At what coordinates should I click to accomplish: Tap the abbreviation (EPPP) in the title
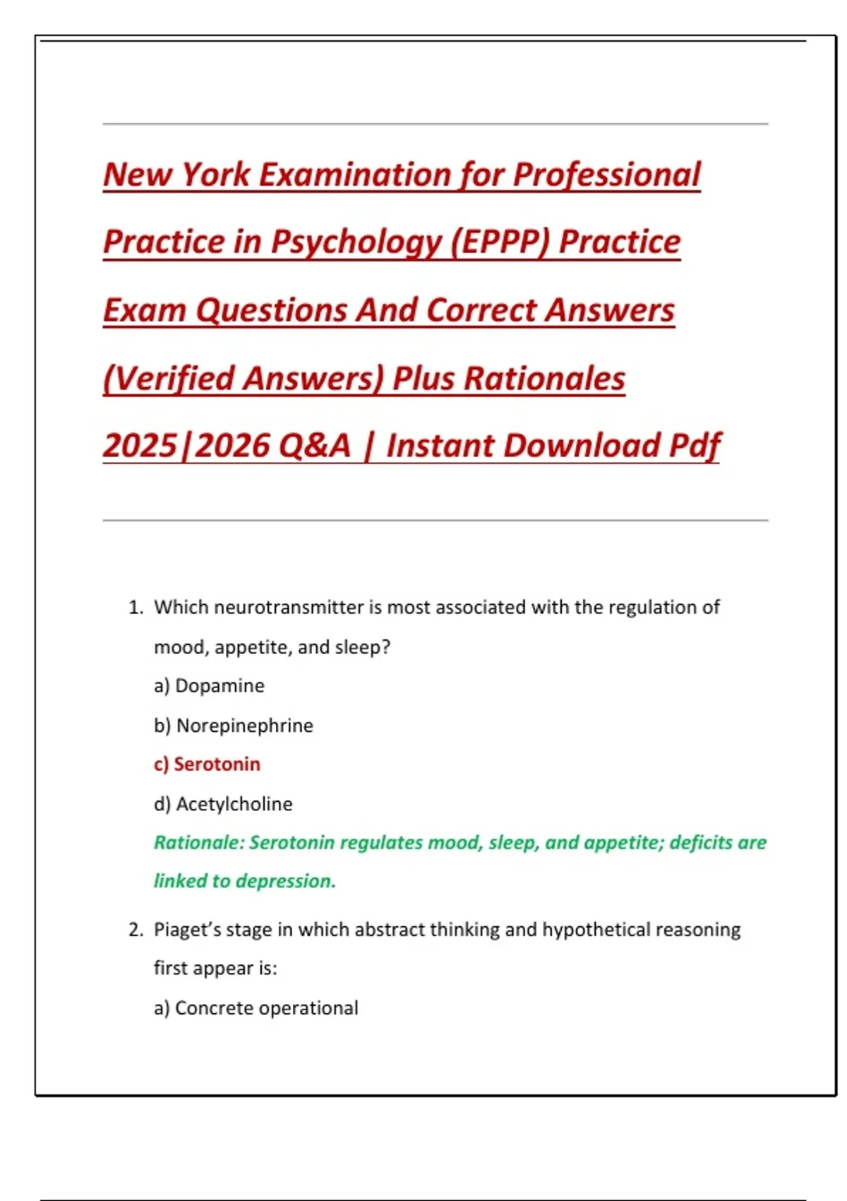[x=500, y=242]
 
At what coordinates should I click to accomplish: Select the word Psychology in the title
[x=356, y=242]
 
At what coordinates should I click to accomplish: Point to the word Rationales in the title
[x=544, y=378]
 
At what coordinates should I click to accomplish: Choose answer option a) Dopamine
[x=209, y=686]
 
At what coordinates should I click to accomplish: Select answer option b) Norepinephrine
[x=233, y=726]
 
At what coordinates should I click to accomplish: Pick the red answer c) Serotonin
[x=207, y=764]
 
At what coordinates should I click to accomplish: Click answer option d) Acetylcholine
[x=223, y=804]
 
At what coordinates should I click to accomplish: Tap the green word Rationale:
[x=199, y=843]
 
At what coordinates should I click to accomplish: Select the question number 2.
[x=136, y=930]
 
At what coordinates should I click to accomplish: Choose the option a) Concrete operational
[x=256, y=1008]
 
